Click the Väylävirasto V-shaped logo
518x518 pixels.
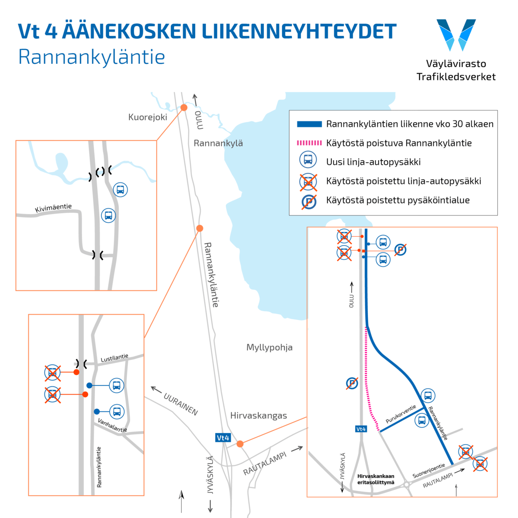456,35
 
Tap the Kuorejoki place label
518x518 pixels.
148,117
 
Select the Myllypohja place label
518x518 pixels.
269,347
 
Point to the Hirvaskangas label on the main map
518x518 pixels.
259,416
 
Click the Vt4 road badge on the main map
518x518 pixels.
223,438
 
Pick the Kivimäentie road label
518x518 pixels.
54,208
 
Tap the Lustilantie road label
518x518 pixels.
114,358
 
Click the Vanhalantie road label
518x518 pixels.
112,425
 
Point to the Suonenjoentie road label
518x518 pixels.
429,471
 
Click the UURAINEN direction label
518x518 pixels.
180,404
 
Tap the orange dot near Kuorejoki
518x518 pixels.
184,107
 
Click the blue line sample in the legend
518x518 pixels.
309,124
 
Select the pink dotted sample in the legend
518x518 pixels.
309,143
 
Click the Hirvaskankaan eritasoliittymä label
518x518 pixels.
376,479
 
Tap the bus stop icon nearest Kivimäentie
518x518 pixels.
108,215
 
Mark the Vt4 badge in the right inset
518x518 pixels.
361,429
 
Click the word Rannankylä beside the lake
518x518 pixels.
218,143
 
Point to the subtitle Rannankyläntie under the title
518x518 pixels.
92,57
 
